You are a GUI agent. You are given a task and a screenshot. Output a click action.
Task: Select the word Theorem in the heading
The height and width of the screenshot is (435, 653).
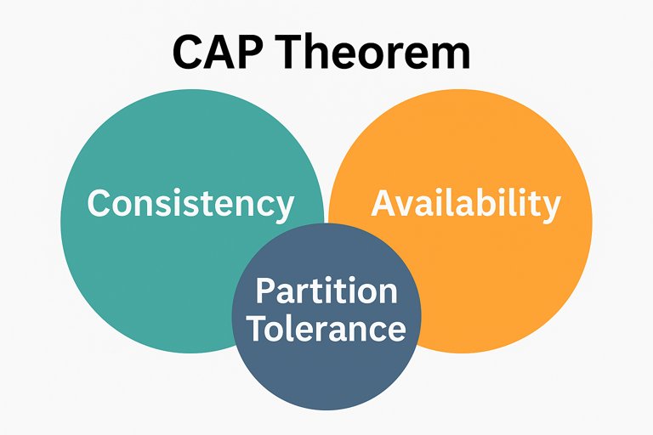[x=374, y=53]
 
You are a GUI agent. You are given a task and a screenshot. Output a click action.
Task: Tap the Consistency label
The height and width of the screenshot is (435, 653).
[x=190, y=204]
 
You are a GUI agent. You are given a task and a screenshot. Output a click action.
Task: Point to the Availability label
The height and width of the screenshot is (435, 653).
[x=466, y=204]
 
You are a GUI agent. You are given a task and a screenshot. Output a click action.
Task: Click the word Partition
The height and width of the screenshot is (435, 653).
[x=326, y=291]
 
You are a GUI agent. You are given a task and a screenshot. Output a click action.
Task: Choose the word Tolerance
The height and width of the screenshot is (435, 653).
[x=326, y=328]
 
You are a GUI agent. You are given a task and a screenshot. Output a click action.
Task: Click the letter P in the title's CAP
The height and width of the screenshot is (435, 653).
[x=253, y=53]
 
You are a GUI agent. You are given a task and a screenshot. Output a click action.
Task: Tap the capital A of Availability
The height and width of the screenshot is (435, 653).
[x=384, y=204]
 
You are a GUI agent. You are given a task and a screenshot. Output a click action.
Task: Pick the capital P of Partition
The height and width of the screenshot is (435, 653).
[x=265, y=291]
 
